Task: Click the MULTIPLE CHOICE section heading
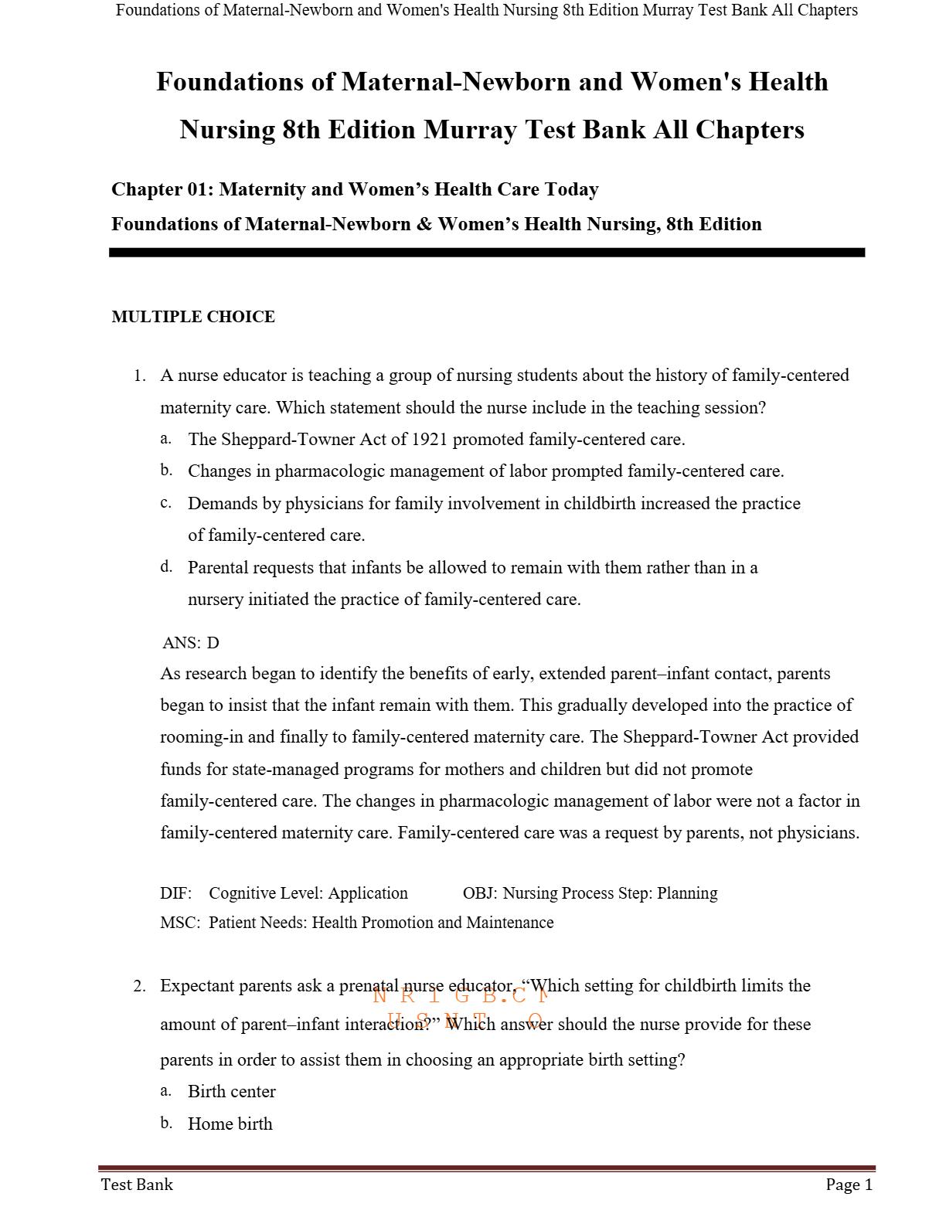coord(193,317)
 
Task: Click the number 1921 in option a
coord(430,440)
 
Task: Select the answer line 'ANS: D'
coord(191,643)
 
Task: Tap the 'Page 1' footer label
coord(849,1185)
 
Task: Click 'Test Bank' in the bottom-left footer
coord(137,1185)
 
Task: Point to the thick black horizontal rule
coord(487,253)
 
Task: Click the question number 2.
coord(139,986)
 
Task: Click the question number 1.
coord(139,376)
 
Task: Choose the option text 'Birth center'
coord(232,1092)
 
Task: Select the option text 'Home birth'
coord(230,1124)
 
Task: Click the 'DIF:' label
coord(175,893)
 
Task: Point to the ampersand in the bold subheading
coord(424,224)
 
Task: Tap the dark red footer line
coord(487,1168)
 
